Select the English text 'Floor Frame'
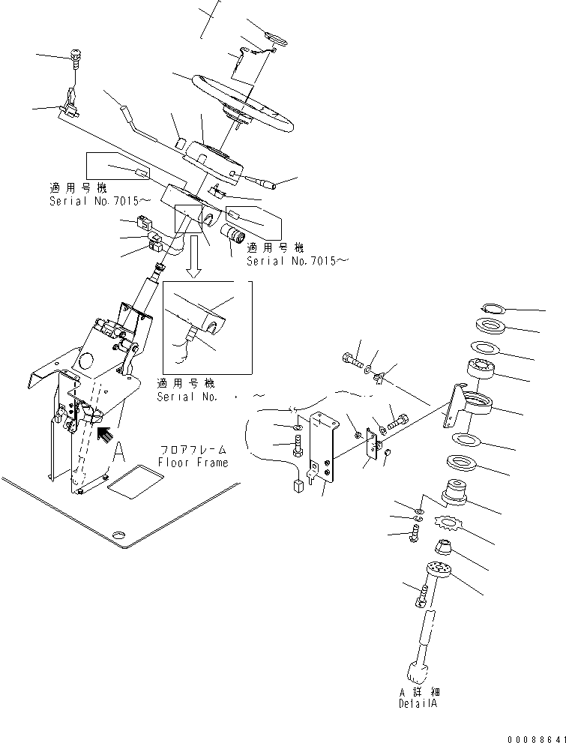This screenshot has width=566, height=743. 193,463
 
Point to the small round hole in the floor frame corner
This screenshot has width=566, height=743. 118,535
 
